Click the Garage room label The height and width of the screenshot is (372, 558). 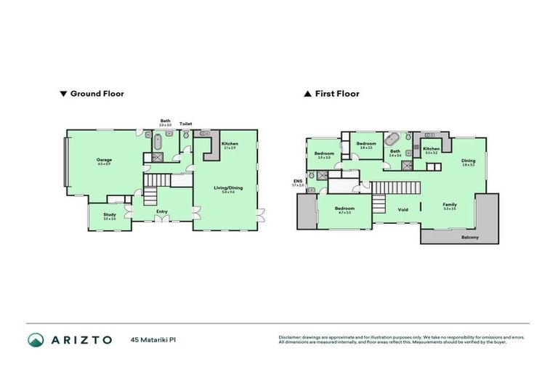pyautogui.click(x=102, y=160)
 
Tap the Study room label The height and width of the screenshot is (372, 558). pyautogui.click(x=110, y=214)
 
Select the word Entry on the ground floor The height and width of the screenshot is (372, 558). pyautogui.click(x=162, y=211)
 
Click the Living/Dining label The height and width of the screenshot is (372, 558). pyautogui.click(x=228, y=188)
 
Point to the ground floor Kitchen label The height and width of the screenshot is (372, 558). pyautogui.click(x=230, y=144)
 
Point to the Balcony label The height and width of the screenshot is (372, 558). pyautogui.click(x=470, y=237)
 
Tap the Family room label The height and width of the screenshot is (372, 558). pyautogui.click(x=450, y=205)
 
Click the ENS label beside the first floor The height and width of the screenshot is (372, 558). pyautogui.click(x=297, y=181)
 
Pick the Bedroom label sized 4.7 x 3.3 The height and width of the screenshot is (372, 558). pyautogui.click(x=344, y=209)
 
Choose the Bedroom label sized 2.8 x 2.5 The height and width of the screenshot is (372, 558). pyautogui.click(x=366, y=144)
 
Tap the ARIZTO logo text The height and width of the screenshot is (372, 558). pyautogui.click(x=81, y=339)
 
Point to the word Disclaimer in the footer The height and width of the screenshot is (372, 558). pyautogui.click(x=291, y=337)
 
